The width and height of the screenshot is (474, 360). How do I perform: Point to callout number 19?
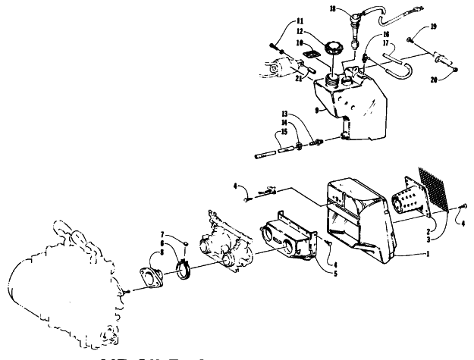[x=433, y=27]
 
